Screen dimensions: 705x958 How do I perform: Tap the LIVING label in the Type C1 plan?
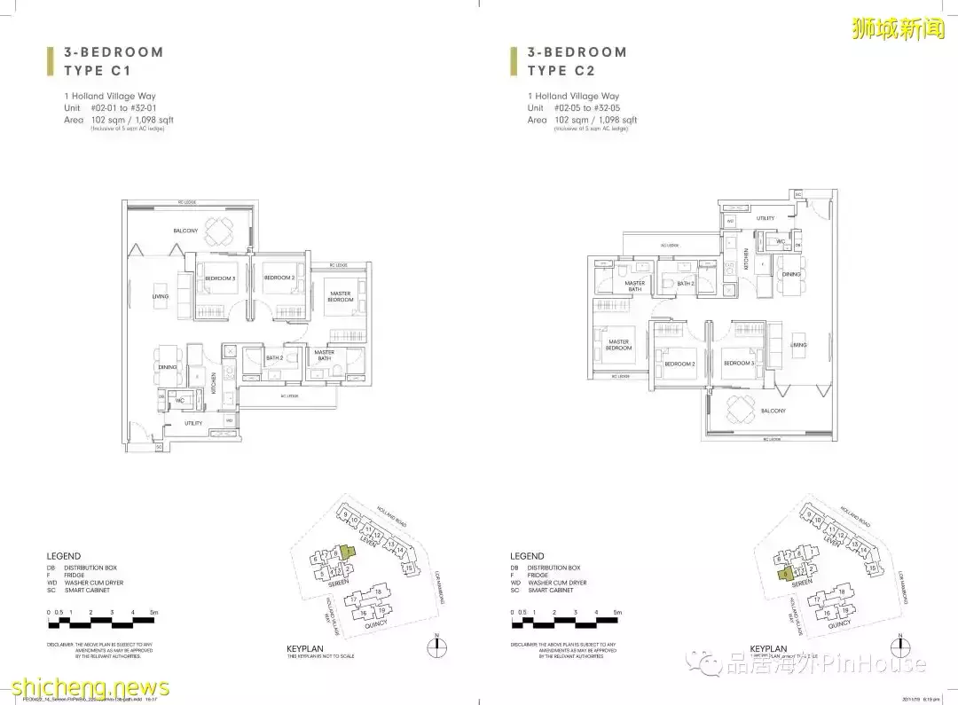click(160, 297)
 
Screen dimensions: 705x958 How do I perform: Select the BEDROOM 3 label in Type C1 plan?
click(220, 278)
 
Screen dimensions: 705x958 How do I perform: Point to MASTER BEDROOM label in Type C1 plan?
click(341, 296)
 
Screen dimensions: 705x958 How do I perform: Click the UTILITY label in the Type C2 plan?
click(766, 217)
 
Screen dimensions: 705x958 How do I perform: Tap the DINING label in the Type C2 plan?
click(791, 274)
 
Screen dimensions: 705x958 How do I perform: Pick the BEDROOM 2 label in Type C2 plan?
click(680, 364)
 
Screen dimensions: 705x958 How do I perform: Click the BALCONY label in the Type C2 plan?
click(773, 411)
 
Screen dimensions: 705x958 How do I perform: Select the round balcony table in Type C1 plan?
click(220, 231)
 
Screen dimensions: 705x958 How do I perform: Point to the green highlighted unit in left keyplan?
click(348, 553)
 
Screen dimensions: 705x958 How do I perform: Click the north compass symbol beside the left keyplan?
click(436, 646)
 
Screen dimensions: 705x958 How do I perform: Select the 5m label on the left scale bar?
click(154, 613)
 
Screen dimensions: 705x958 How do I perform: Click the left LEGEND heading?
click(64, 556)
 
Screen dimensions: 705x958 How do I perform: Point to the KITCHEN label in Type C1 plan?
click(214, 381)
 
